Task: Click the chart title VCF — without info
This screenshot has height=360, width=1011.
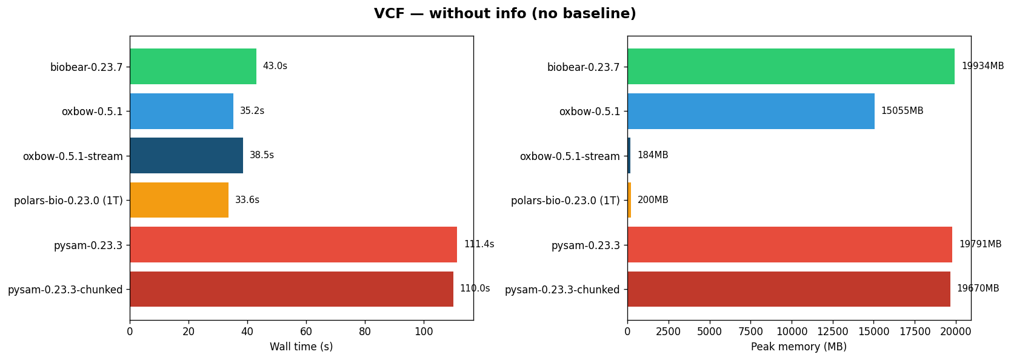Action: [x=505, y=14]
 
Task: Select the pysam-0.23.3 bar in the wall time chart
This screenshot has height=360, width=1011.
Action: [x=293, y=244]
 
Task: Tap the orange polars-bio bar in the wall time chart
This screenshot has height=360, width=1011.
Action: [x=179, y=200]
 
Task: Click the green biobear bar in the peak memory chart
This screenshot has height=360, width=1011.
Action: [x=790, y=66]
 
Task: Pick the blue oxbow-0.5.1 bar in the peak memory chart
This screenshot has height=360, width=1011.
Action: [x=750, y=111]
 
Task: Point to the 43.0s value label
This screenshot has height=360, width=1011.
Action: [x=275, y=66]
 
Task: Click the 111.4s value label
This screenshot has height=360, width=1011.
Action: [x=479, y=244]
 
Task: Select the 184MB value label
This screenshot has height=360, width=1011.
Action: [x=652, y=155]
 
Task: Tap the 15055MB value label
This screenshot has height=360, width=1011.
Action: [x=902, y=111]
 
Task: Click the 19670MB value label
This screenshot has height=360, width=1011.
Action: [x=978, y=288]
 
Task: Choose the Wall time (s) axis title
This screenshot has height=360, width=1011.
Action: [x=301, y=347]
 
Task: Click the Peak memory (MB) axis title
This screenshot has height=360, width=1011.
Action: [x=798, y=347]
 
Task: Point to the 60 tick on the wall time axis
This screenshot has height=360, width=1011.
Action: [x=306, y=332]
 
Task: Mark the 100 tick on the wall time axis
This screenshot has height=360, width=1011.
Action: [x=424, y=332]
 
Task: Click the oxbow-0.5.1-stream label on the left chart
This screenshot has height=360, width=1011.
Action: [x=73, y=156]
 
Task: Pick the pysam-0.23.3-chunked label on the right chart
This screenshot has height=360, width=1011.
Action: [x=562, y=290]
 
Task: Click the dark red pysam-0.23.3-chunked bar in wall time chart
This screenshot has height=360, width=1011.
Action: [x=291, y=289]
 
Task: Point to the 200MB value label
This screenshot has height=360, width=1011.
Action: [x=653, y=200]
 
